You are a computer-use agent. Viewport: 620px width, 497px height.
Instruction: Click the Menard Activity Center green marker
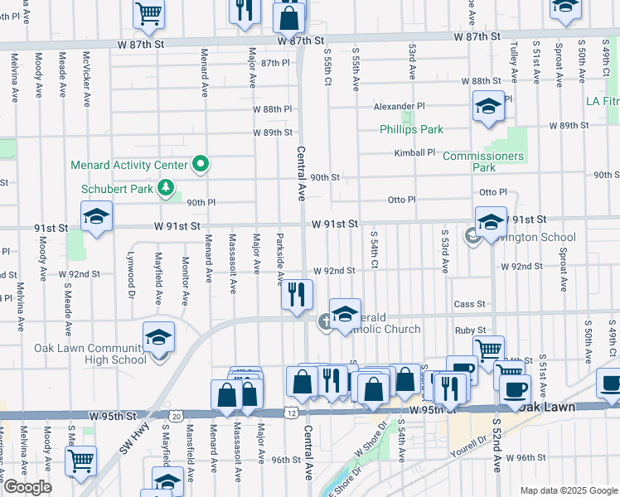200,165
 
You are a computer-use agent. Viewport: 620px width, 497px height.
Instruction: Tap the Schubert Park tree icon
166,188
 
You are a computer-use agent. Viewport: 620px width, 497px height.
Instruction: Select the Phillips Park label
411,129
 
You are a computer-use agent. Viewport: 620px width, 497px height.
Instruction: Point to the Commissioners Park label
483,162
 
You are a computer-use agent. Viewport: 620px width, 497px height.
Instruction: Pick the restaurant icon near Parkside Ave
297,294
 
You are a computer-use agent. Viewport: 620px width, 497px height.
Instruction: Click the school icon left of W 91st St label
97,217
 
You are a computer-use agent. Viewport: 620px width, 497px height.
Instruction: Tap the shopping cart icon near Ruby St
488,349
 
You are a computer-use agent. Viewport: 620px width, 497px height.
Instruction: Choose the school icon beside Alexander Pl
488,106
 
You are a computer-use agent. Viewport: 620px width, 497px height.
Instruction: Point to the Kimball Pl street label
414,152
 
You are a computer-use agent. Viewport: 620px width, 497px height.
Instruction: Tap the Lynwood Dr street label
130,274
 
